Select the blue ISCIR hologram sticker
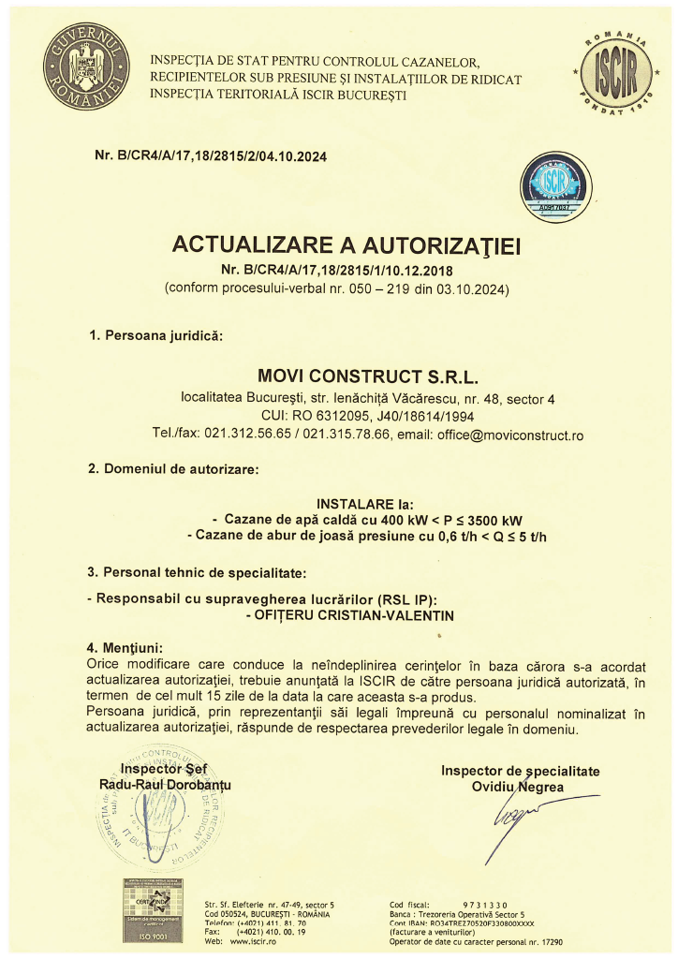click(555, 186)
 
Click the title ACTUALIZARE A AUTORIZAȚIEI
click(346, 246)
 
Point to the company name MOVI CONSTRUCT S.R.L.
click(367, 377)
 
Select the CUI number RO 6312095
click(325, 416)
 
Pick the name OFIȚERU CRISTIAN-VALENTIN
click(361, 615)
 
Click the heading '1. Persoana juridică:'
click(155, 335)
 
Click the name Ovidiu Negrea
click(518, 788)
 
